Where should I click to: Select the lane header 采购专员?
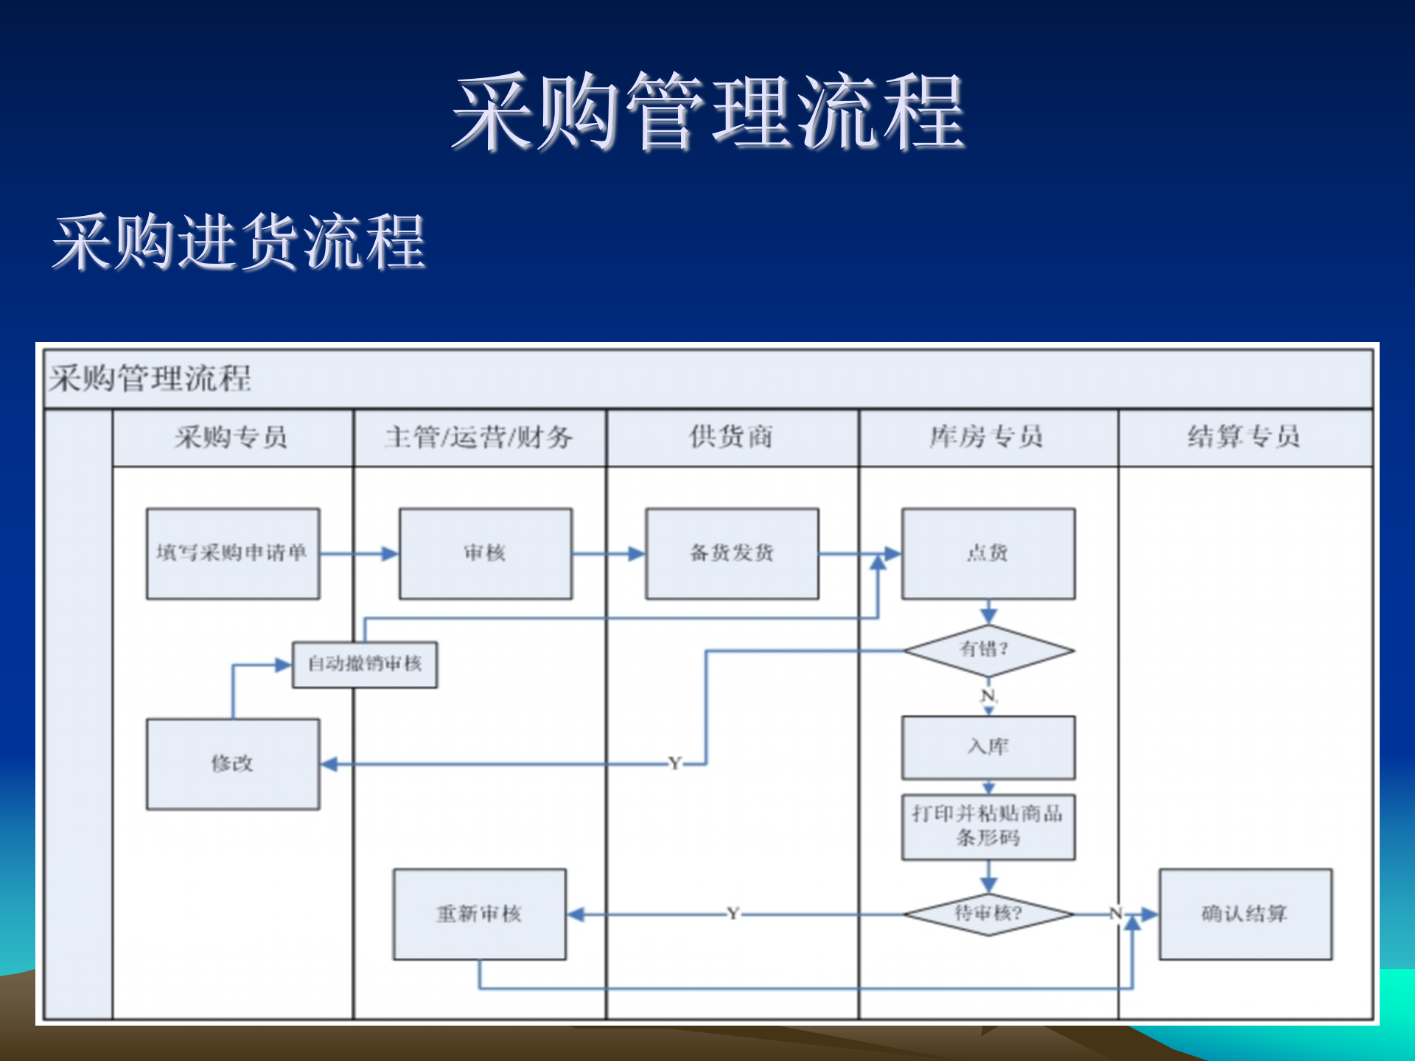(232, 437)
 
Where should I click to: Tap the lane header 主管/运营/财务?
(479, 437)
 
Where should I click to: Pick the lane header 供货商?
(731, 437)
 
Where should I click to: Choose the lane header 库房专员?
(988, 437)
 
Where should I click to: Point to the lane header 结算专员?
(1244, 437)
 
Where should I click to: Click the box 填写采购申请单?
(232, 553)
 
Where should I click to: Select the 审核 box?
(485, 553)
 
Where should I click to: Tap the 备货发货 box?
(731, 553)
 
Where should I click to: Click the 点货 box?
(988, 553)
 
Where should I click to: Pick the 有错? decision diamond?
(988, 650)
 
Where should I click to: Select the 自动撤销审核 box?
(365, 664)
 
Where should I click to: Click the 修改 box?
(232, 763)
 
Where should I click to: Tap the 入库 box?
(988, 747)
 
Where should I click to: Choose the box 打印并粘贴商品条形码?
(988, 826)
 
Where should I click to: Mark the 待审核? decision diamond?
(988, 914)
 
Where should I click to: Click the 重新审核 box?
(479, 914)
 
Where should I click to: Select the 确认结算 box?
(1244, 914)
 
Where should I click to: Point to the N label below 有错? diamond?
(988, 696)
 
